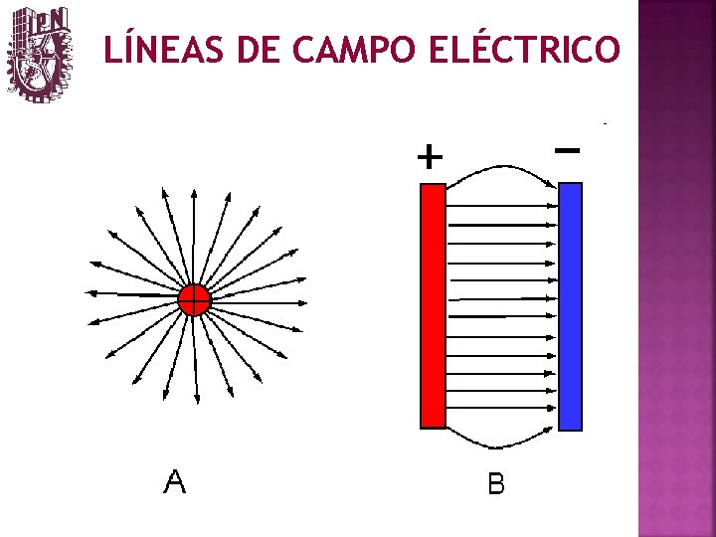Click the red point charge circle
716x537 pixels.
[x=195, y=298]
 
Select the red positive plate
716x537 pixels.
[x=432, y=305]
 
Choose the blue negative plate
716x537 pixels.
[x=570, y=305]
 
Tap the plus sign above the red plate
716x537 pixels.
[x=429, y=157]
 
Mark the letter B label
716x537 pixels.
[x=496, y=484]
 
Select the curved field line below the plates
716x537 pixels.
[x=497, y=448]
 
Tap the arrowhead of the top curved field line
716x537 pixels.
[x=553, y=181]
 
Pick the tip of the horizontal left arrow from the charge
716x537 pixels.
[x=88, y=294]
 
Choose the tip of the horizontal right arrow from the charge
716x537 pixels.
[x=304, y=302]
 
